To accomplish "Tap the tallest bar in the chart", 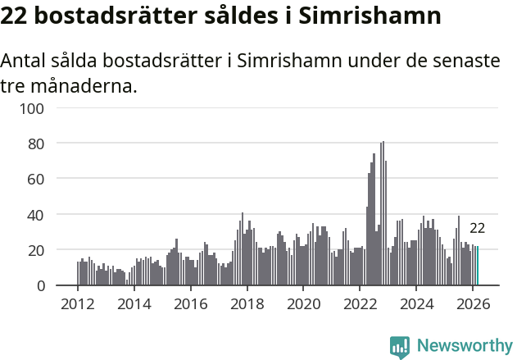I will coord(383,213).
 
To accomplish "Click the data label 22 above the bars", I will coord(477,229).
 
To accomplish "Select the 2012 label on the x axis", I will coord(78,303).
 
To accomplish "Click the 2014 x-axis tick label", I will coord(134,303).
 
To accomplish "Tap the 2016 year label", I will coord(190,303).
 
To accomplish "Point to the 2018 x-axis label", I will coord(247,303).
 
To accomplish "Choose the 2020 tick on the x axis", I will coord(303,303).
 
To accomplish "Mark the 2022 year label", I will coord(359,303).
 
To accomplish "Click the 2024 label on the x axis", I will coord(415,303).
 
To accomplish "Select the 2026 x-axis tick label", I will coord(472,303).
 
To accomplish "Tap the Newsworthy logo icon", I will coord(400,347).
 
